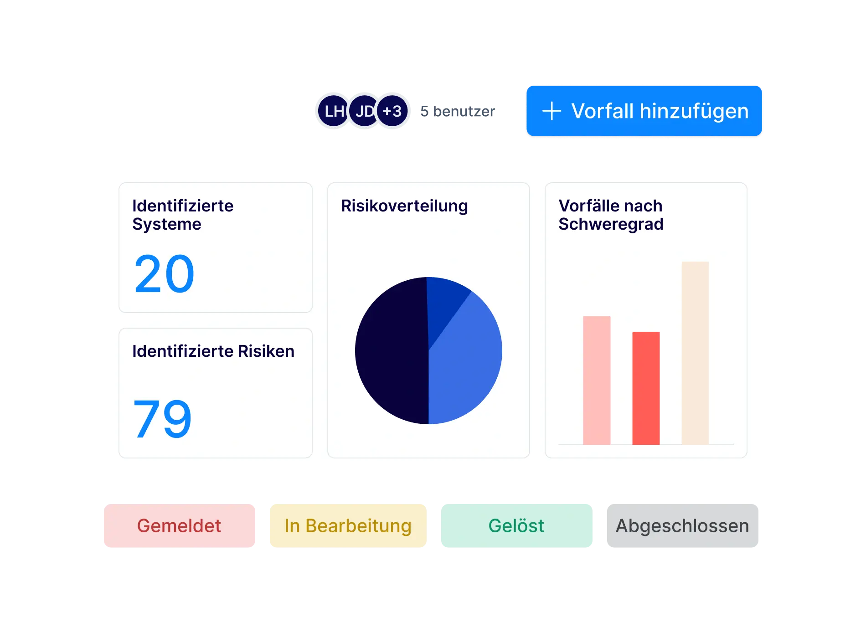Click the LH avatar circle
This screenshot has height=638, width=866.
point(333,111)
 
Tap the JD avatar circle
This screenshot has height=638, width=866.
point(363,111)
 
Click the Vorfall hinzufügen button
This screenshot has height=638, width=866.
point(644,111)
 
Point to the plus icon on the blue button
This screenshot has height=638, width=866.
point(552,111)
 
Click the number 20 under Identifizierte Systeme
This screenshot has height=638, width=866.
point(164,274)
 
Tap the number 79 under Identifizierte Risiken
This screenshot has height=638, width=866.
point(162,419)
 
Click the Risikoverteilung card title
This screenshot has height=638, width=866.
point(404,206)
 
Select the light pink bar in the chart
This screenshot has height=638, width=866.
point(597,380)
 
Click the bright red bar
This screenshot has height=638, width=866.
point(646,388)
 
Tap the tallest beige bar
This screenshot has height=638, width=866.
point(695,353)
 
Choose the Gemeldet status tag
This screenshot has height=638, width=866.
point(179,525)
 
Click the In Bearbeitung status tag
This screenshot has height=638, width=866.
point(348,525)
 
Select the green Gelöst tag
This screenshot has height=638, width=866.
point(516,525)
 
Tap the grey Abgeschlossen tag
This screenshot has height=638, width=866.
point(682,525)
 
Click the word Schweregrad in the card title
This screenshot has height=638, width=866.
point(611,224)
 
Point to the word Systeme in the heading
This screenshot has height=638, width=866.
point(167,224)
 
